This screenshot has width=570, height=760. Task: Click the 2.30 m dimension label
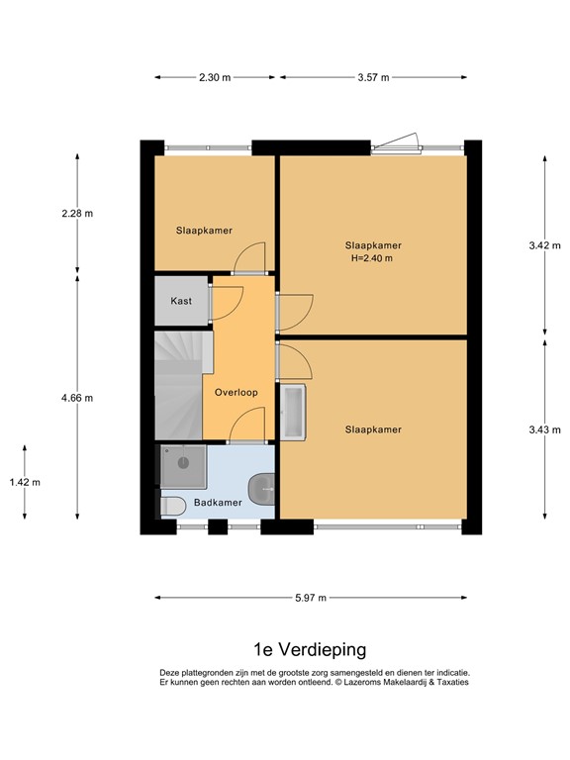[214, 77]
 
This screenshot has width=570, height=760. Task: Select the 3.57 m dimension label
[372, 77]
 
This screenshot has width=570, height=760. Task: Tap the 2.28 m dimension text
[76, 213]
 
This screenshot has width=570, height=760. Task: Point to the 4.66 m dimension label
[76, 398]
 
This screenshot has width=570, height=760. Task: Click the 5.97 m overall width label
[311, 598]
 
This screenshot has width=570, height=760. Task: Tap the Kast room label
[181, 301]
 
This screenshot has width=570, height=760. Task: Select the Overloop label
[237, 392]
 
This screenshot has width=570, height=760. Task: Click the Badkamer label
[218, 503]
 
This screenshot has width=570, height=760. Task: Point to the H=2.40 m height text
[372, 259]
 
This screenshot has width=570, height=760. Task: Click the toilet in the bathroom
[172, 506]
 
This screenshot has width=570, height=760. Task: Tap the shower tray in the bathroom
[183, 466]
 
